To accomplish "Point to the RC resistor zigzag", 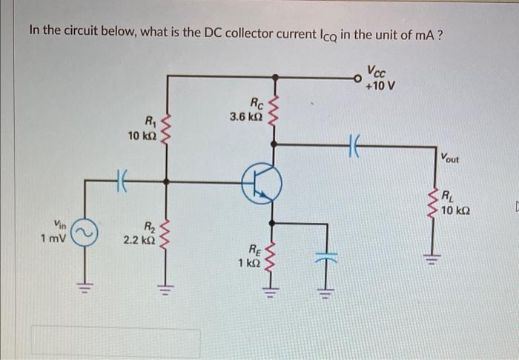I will point(275,110).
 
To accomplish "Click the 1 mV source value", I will point(52,239).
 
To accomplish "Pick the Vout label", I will point(449,158).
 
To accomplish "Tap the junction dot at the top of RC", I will point(275,76).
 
